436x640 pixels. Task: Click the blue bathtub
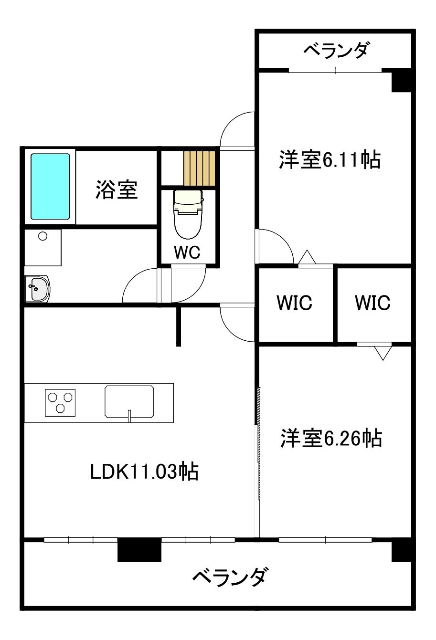(51, 186)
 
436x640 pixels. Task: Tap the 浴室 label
(117, 189)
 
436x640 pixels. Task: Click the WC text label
(187, 252)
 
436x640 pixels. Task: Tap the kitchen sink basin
(129, 401)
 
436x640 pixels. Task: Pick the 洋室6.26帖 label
(331, 438)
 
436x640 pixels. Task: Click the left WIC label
(295, 303)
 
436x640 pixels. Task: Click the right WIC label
(372, 303)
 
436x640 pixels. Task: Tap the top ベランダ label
(336, 50)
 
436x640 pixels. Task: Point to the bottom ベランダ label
(230, 577)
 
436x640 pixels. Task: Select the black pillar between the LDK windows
(139, 549)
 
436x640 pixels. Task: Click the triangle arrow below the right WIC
(383, 352)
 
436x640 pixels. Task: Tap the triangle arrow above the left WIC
(307, 257)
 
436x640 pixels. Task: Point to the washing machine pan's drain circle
(43, 236)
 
